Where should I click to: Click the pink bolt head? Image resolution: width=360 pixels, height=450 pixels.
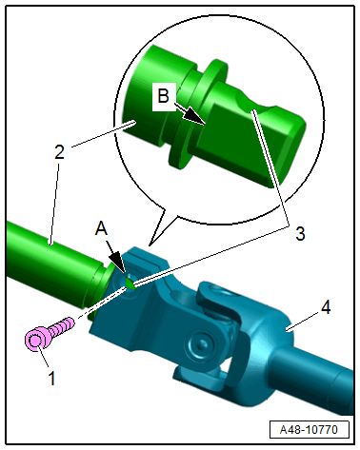[35, 340]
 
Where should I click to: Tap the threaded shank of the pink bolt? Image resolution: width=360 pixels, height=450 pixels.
[63, 326]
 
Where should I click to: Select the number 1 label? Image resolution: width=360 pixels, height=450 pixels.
[51, 378]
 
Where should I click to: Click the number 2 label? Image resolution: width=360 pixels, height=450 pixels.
[59, 152]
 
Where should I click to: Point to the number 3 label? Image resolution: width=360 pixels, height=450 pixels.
[300, 234]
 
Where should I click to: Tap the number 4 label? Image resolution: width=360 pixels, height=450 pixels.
[326, 307]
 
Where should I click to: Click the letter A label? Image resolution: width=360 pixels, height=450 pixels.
[102, 228]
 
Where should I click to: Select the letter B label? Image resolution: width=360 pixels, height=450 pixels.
[164, 95]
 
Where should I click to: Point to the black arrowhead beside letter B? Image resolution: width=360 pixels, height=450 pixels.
[194, 116]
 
